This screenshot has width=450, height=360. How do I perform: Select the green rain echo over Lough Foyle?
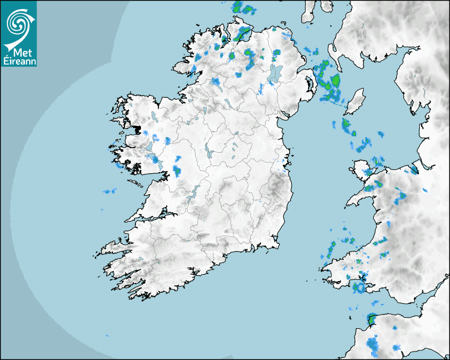coord(243,34)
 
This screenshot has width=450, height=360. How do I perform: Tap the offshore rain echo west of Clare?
coord(110,191)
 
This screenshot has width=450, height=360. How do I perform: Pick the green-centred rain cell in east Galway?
coord(177,171)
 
